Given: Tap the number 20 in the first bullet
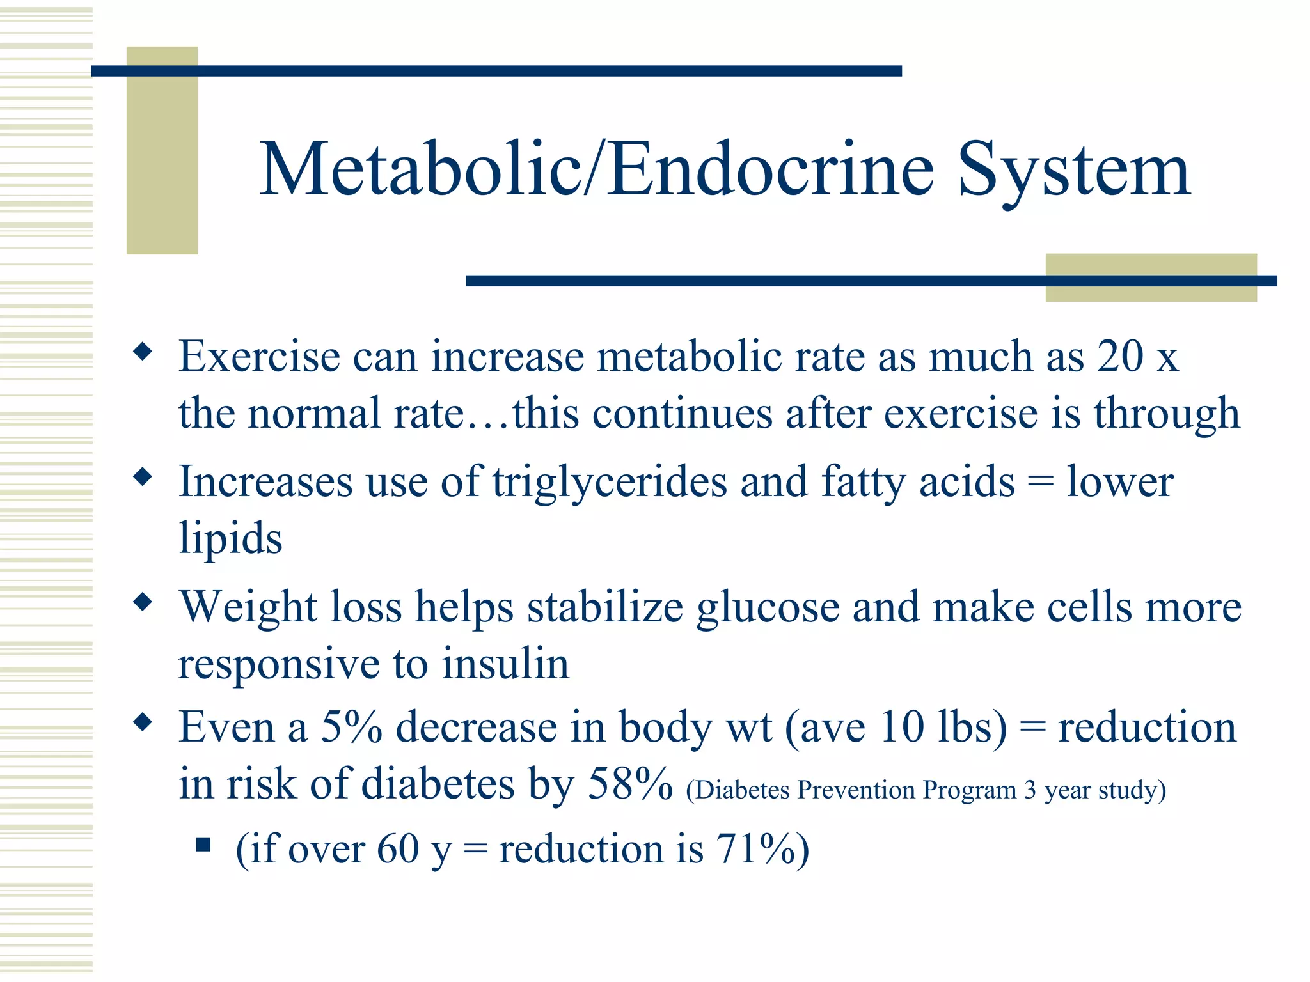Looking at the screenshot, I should tap(1120, 355).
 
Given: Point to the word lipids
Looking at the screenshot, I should tap(230, 538).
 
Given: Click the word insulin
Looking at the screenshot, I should tap(505, 663).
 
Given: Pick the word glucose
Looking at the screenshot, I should tap(768, 607).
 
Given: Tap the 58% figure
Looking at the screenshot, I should tap(630, 783).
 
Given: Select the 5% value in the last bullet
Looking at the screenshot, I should tap(351, 727).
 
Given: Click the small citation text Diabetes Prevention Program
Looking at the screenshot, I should tap(851, 790).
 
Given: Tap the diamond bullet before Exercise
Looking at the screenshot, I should tap(143, 351).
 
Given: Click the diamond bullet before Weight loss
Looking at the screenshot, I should tap(143, 602).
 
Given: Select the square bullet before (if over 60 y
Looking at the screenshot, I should tap(203, 845).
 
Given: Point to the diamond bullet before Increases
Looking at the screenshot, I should tap(143, 476).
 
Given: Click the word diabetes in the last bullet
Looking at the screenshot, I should tap(438, 784).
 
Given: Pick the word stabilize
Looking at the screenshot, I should tap(605, 607).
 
